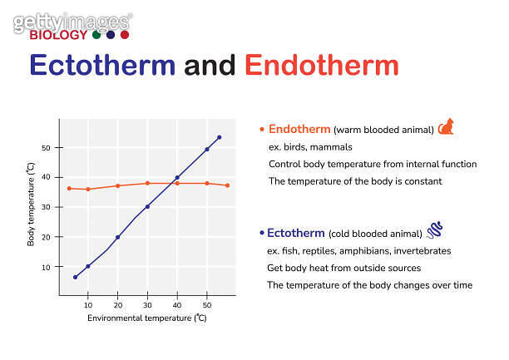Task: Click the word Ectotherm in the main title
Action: point(102,66)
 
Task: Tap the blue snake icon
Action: point(434,229)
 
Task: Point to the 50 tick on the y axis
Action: point(47,148)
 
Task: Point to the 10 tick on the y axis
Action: point(47,267)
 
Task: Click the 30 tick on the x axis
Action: point(147,305)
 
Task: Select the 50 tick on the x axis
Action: point(207,305)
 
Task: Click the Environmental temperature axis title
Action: point(146,318)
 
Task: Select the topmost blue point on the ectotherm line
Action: point(219,137)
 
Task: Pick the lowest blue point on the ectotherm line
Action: point(76,277)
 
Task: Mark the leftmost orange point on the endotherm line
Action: point(69,188)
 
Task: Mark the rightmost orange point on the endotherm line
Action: point(227,185)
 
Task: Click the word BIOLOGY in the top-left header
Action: point(58,35)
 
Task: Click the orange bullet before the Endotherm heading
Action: point(262,130)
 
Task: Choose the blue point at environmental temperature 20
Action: point(118,237)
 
